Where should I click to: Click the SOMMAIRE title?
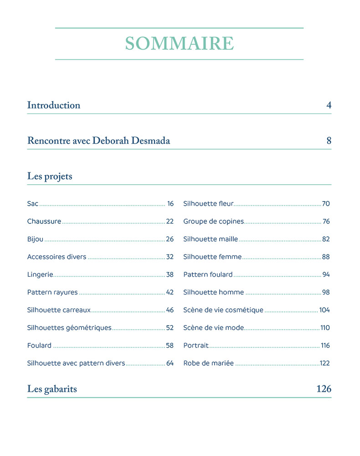[x=180, y=44]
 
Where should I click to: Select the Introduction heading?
[x=54, y=105]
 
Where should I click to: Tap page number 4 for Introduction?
[x=329, y=105]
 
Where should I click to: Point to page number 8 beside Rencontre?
[x=329, y=141]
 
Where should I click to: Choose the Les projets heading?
[x=50, y=176]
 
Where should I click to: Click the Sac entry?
[x=33, y=204]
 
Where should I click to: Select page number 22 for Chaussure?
[x=170, y=222]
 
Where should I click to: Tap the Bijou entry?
[x=36, y=239]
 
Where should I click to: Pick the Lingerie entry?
[x=40, y=275]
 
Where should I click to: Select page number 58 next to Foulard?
[x=170, y=346]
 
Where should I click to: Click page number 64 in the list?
[x=170, y=363]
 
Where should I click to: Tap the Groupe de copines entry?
[x=213, y=222]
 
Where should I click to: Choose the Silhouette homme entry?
[x=213, y=293]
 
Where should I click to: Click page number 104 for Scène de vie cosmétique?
[x=324, y=310]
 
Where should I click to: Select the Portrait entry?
[x=196, y=346]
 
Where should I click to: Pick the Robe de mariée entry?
[x=208, y=363]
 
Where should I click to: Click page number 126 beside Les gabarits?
[x=324, y=389]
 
